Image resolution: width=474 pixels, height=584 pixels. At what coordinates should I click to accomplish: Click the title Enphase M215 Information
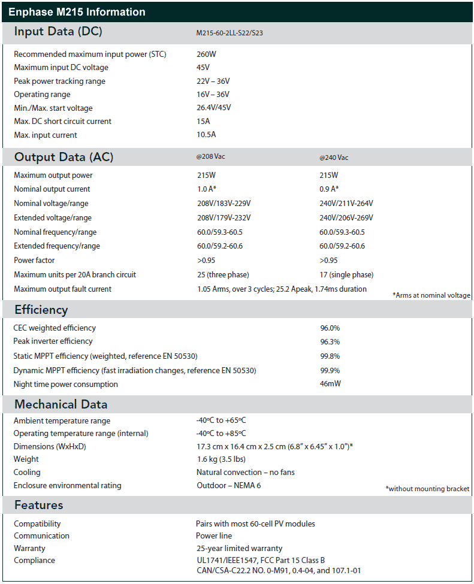click(x=77, y=12)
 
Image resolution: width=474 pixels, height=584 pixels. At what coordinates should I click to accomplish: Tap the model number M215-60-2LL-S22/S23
click(x=230, y=33)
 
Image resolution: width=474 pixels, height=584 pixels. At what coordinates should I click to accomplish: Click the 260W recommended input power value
click(x=207, y=55)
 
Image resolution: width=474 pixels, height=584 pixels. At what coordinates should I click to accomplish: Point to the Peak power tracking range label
click(x=59, y=81)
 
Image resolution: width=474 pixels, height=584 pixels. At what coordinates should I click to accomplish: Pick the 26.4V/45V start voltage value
click(x=214, y=108)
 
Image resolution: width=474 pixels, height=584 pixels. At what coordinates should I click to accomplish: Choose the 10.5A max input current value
click(x=206, y=135)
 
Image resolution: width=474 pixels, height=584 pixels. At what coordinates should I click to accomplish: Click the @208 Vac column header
click(x=211, y=158)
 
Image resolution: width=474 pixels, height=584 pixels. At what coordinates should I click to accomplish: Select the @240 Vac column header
click(x=334, y=158)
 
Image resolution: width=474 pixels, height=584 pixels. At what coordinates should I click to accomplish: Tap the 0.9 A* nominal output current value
click(x=330, y=189)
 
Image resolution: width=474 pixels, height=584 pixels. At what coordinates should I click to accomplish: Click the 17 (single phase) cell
click(x=346, y=275)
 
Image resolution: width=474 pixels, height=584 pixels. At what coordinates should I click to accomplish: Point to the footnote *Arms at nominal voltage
click(x=431, y=295)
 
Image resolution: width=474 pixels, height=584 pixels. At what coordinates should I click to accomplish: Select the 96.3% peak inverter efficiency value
click(x=330, y=341)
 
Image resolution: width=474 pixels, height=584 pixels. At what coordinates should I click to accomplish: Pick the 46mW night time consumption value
click(x=330, y=384)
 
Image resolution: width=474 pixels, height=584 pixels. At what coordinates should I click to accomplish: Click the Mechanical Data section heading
click(x=61, y=404)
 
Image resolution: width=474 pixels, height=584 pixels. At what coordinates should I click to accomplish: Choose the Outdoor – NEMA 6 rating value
click(x=229, y=486)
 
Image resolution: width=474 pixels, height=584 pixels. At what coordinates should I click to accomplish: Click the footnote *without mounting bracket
click(x=427, y=489)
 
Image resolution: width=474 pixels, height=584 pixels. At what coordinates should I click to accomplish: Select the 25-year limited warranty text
click(x=239, y=548)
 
